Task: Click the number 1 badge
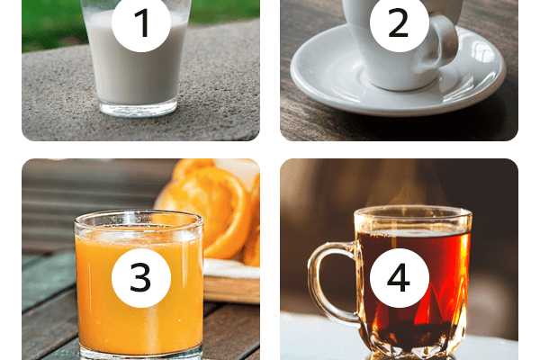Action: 141,22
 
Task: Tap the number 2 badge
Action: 399,22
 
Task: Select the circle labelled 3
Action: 141,278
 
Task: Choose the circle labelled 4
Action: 399,278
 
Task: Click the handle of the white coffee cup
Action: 446,41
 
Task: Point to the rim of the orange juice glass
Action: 139,220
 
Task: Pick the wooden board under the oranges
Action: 231,283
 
